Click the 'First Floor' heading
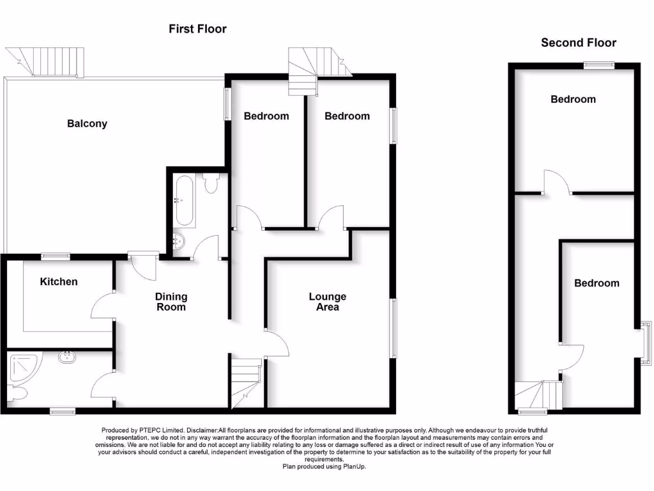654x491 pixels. click(x=197, y=29)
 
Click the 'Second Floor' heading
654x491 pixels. click(x=579, y=43)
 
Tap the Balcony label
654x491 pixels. click(x=87, y=123)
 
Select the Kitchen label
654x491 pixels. click(x=59, y=281)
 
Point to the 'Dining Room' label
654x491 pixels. click(x=171, y=301)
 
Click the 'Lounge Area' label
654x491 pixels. click(x=327, y=301)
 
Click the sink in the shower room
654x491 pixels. click(x=67, y=357)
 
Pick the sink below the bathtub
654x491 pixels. click(x=179, y=242)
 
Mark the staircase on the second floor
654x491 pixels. click(x=540, y=395)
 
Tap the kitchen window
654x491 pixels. click(x=56, y=256)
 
